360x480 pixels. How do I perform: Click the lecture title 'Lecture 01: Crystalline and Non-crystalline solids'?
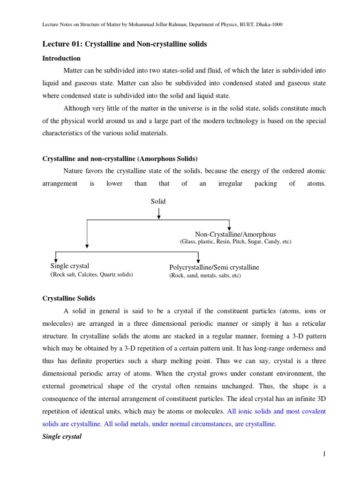(125, 44)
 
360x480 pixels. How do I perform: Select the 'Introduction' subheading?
(61, 58)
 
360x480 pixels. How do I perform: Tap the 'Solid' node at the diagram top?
(158, 201)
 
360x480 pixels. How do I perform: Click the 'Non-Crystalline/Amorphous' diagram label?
(235, 234)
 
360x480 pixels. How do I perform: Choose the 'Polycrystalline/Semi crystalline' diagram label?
(214, 267)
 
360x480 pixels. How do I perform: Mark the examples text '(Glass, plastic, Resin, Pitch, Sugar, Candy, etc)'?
(235, 242)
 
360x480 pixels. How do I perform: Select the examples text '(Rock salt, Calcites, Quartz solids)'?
(91, 275)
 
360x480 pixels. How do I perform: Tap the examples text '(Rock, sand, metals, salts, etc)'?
(205, 276)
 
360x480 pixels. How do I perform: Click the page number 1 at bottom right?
(323, 453)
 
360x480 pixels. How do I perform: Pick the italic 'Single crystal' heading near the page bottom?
(62, 436)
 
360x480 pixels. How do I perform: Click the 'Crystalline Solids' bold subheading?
(69, 298)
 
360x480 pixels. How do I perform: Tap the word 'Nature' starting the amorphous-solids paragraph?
(73, 172)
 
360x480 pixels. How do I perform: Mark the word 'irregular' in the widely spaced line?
(230, 184)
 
